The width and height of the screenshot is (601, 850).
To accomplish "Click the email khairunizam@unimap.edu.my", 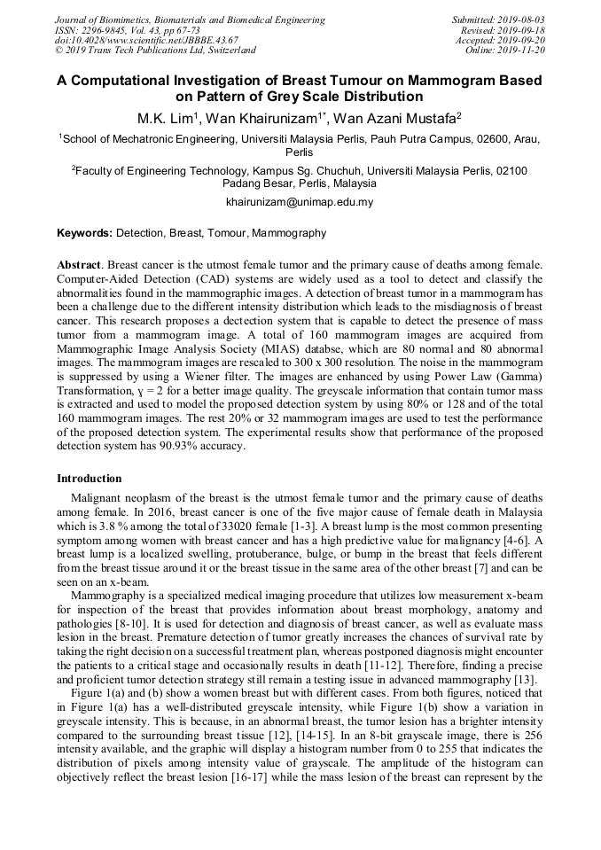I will [300, 202].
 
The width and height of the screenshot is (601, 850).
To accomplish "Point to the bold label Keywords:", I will [84, 234].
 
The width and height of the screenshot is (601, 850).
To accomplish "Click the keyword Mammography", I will [289, 234].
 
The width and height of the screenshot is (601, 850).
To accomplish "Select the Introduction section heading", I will [90, 479].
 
